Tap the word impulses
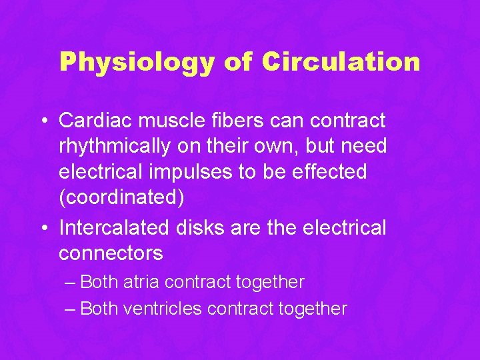199,172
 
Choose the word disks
198,228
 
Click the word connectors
111,254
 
